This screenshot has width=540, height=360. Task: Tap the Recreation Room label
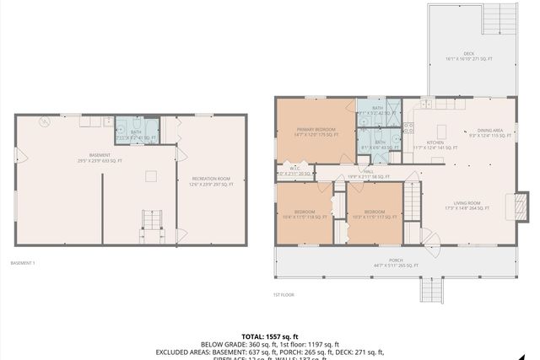[211, 180]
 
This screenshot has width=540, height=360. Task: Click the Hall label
[368, 173]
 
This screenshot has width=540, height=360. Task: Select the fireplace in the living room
[510, 202]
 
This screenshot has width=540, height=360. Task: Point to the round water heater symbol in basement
[44, 123]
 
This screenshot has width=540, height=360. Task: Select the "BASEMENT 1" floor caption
[23, 263]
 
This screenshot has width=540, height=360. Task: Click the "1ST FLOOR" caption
[282, 294]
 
